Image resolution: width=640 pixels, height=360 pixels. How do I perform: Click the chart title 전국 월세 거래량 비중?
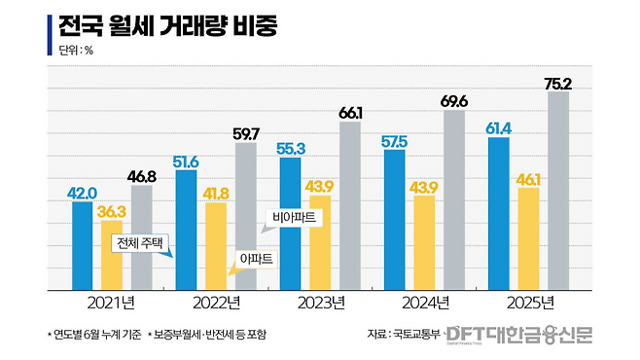coord(167,26)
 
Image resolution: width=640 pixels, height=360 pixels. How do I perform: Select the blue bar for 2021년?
coord(82,246)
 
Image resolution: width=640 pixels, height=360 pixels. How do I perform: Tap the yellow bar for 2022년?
coord(216,246)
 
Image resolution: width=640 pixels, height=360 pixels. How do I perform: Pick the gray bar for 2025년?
coord(558,191)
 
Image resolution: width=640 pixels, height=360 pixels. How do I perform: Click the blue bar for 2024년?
coord(395,220)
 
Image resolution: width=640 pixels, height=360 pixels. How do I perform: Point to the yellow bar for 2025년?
coord(528,239)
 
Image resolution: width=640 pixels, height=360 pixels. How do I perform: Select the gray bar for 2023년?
coord(350,206)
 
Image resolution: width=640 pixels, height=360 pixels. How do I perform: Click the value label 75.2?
coord(558,84)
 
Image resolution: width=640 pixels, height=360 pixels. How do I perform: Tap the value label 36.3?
coord(112,212)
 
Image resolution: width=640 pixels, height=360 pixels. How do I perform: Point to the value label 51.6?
coord(186,162)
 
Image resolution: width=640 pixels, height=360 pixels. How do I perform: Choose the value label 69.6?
coord(454,101)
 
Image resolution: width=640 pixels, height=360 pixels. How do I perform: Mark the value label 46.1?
coord(528,180)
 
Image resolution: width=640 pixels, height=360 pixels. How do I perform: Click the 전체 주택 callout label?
coord(140,243)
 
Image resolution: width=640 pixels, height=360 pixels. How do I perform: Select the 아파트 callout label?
coord(257,259)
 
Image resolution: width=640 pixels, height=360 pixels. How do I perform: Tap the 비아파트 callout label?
coord(295,217)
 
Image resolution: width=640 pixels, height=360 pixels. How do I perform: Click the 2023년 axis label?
coord(321,303)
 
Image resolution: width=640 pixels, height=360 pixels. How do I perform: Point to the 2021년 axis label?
coord(111,303)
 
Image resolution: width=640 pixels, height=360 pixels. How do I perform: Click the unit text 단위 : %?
coord(76,51)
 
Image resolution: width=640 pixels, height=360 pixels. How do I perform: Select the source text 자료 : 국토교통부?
coord(404,334)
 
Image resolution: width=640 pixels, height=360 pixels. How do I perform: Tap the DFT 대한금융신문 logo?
coord(519,335)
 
